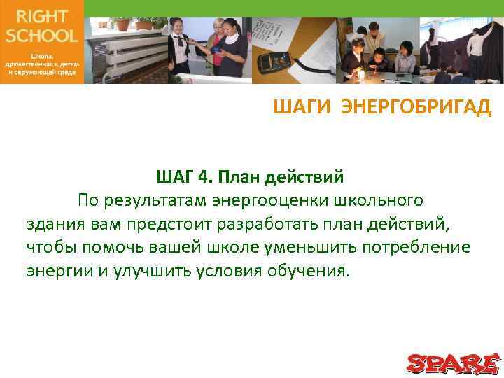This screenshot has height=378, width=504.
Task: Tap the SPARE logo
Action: click(x=453, y=363)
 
